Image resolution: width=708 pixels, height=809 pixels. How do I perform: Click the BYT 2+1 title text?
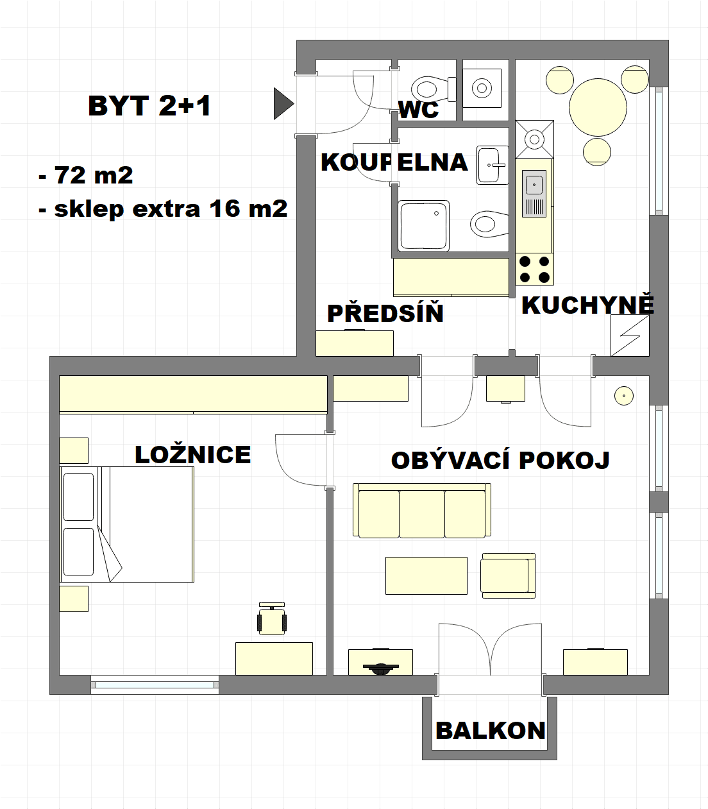149,106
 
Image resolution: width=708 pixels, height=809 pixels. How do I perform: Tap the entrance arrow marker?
282,103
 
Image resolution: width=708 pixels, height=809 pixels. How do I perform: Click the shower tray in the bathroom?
423,225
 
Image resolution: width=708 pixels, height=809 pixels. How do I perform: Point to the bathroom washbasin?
492,165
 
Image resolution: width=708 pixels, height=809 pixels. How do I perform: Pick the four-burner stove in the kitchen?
534,269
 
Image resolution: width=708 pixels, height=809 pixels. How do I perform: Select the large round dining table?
597,107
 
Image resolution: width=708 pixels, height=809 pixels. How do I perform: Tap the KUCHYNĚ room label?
587,305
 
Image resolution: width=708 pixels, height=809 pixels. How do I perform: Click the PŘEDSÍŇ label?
385,314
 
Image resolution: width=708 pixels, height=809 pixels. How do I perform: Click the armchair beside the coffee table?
508,575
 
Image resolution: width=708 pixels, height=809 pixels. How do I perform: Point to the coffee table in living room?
426,575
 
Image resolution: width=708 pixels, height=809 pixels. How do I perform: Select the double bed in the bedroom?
127,524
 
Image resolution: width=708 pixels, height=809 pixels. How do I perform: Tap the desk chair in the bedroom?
272,620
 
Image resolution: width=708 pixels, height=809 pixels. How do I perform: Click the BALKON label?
490,731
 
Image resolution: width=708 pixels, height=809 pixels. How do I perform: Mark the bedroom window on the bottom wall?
155,685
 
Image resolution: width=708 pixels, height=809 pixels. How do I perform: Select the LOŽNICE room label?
192,454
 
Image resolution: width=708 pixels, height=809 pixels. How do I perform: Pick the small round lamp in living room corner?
623,396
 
